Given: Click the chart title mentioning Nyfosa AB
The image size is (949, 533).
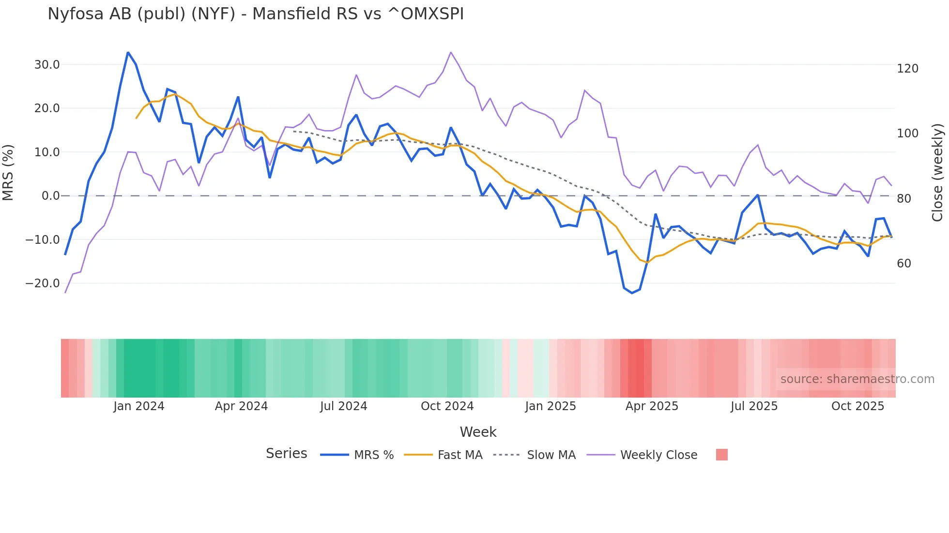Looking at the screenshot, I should coord(256,14).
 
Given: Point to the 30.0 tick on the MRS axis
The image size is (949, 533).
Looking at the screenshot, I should coord(47,65).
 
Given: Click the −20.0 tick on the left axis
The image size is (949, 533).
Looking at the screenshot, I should coord(43,283).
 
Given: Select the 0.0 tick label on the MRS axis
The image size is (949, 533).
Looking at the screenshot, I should coord(51,196).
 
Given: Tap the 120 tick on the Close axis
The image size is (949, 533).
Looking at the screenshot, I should coord(907,69).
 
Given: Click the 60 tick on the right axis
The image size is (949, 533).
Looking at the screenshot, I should coord(904,264).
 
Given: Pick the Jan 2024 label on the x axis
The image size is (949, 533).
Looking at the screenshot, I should coord(139,406).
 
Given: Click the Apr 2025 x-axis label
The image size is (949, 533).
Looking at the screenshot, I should coord(652,406).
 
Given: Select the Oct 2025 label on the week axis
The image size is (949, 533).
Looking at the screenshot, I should coord(857,406).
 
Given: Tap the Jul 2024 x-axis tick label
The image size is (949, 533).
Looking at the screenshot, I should coord(343,406).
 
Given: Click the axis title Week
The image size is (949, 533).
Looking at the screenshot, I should coord(478,432).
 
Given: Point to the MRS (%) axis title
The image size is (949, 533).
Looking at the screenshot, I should coord(8,173).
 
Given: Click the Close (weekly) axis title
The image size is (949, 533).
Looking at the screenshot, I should coord(938,173).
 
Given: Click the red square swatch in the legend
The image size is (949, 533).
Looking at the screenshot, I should coord(721,455).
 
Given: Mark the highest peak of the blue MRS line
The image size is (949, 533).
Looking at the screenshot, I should coord(128,52).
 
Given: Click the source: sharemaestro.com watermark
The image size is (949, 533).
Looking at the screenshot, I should coord(857,379).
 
